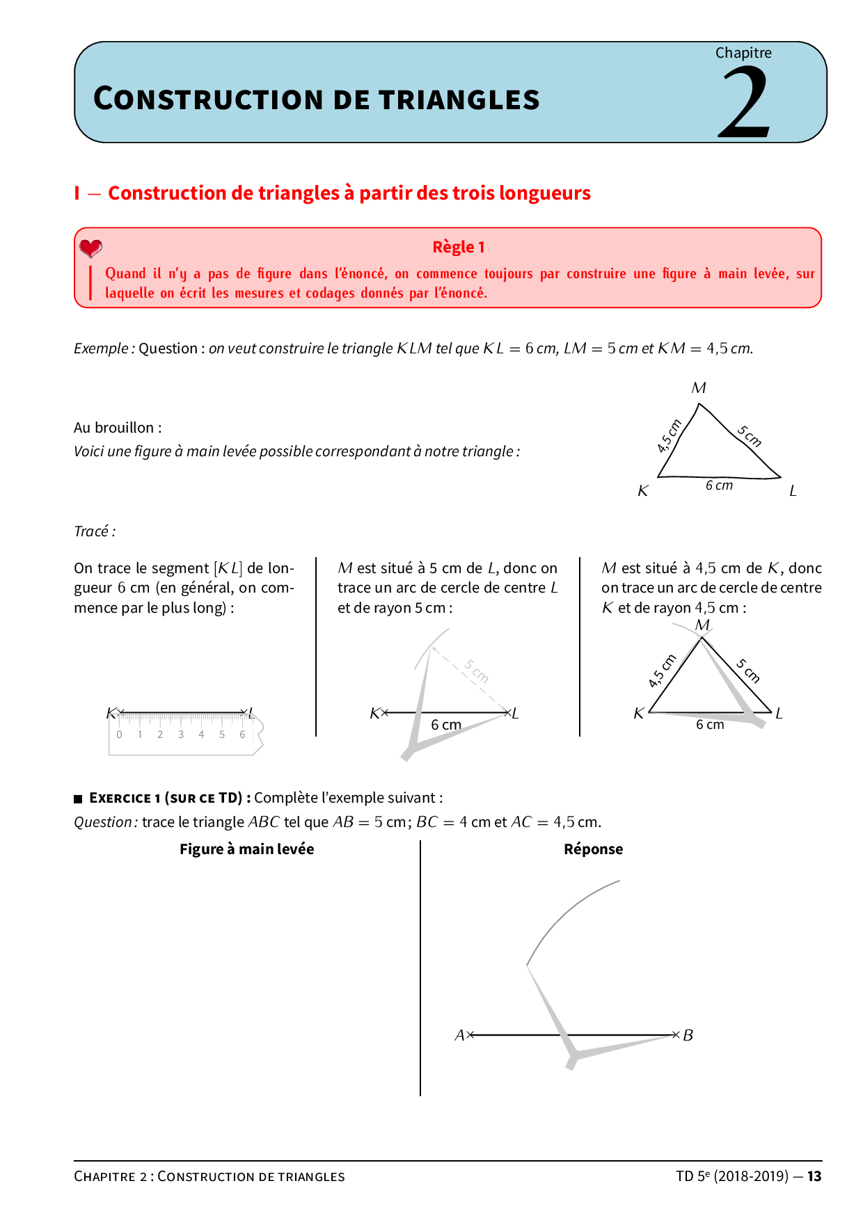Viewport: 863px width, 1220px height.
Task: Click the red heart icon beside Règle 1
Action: pos(90,248)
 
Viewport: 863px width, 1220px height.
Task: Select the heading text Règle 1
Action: pos(458,247)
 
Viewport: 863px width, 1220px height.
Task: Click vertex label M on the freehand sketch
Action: pos(699,388)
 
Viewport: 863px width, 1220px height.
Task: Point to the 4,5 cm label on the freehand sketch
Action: pos(669,436)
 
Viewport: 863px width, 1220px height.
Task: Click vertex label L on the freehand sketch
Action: pos(793,491)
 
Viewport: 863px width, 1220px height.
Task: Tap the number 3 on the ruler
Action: pos(181,735)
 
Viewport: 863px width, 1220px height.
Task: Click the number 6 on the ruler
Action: pos(242,735)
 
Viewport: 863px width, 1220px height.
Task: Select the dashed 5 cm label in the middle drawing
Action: pos(477,671)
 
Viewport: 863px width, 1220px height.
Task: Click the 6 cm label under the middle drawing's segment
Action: pos(446,725)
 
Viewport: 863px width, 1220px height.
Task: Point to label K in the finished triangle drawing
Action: pos(639,714)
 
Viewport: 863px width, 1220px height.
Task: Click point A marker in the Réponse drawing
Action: pos(470,1035)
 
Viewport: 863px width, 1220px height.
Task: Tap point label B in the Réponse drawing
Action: pos(688,1035)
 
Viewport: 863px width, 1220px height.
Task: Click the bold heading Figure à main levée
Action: pos(246,849)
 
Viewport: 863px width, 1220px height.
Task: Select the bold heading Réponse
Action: pos(593,849)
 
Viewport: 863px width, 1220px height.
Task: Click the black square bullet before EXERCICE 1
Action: pos(78,798)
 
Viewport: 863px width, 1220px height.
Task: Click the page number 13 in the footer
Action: pos(814,1176)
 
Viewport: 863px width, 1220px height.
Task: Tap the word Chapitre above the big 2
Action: pos(743,53)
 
